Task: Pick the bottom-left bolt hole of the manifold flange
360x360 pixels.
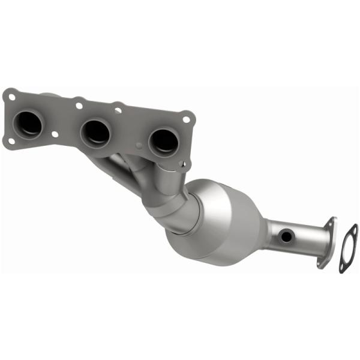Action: tap(10, 142)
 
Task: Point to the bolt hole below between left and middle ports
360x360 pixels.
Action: tap(55, 135)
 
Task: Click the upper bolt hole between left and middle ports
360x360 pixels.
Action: tap(78, 106)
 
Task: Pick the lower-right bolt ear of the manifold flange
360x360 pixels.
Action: tap(184, 162)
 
